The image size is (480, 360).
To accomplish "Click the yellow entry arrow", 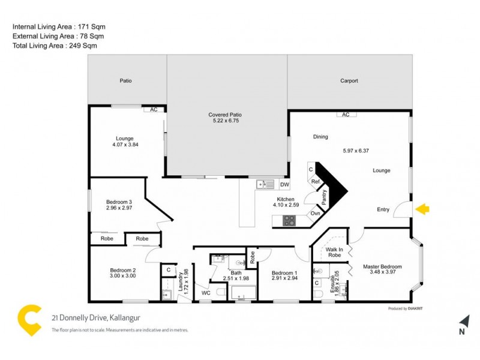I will click(422, 209).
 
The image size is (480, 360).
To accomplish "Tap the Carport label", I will click(349, 81).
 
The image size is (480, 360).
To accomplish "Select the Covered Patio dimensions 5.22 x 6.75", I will click(225, 121).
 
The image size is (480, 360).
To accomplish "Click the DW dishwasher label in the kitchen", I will click(284, 184).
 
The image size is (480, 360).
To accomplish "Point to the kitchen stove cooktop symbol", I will click(289, 221).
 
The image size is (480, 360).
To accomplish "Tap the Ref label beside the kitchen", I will click(314, 181).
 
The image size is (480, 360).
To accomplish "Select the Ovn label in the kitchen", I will click(315, 213).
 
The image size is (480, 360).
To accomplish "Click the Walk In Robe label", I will click(334, 252).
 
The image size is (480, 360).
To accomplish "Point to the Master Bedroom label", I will click(382, 266).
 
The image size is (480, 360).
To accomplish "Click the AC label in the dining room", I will click(345, 114).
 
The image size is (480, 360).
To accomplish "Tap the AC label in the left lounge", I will click(154, 110).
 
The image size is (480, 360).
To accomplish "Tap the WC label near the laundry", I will click(205, 293).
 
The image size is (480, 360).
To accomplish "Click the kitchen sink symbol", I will click(265, 184).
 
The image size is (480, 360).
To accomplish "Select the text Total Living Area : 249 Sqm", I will click(55, 46).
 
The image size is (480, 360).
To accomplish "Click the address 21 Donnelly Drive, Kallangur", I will click(96, 318).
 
